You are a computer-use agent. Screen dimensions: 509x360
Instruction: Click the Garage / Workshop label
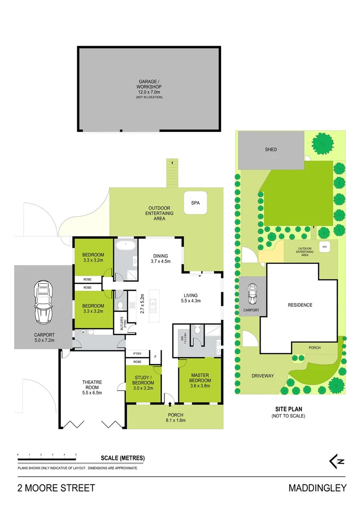tap(149, 87)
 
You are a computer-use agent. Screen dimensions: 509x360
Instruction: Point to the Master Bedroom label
tap(200, 380)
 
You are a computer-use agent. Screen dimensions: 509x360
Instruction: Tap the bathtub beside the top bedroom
tap(126, 246)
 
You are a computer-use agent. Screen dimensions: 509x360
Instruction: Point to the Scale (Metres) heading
tap(123, 458)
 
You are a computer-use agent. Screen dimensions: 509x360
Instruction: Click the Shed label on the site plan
tap(270, 150)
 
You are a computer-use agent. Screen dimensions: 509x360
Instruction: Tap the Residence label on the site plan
tap(300, 305)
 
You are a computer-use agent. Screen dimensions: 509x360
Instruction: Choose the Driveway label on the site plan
tap(262, 376)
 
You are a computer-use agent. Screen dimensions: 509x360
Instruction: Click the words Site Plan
tap(288, 409)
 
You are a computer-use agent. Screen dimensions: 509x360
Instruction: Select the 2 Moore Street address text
tap(56, 488)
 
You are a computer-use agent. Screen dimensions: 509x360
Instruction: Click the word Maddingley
tap(317, 488)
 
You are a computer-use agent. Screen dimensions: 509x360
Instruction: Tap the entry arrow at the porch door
tap(170, 404)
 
